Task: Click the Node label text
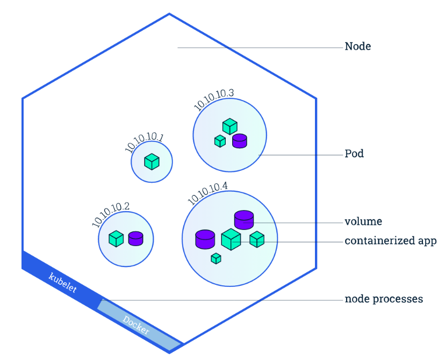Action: (x=357, y=47)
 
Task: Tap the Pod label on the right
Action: (x=354, y=154)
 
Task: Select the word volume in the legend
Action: (x=363, y=221)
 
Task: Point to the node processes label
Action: (x=384, y=299)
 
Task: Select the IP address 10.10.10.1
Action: (x=143, y=142)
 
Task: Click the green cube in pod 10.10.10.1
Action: (x=152, y=162)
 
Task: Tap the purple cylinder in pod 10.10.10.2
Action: (x=135, y=238)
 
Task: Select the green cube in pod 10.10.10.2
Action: (x=116, y=238)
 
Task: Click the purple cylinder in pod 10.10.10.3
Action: (x=239, y=141)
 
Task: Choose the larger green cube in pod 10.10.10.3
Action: (x=230, y=127)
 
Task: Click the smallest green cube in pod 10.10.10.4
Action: (x=216, y=258)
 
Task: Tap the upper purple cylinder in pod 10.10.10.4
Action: (x=243, y=219)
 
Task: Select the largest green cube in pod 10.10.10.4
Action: (x=231, y=240)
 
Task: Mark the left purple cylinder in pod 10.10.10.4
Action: (x=205, y=239)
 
